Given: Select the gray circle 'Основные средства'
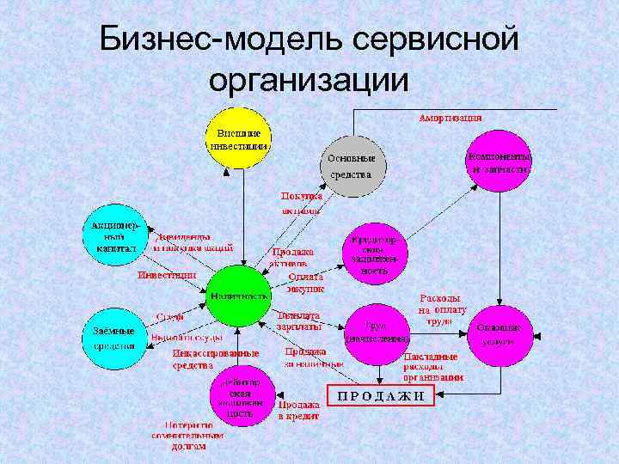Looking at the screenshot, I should click(x=352, y=166).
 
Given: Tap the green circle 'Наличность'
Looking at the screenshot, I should click(x=240, y=295).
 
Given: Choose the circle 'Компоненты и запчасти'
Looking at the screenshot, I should click(x=499, y=163).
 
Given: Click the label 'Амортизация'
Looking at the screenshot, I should click(x=450, y=117).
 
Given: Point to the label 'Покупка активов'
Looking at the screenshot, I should click(x=302, y=203).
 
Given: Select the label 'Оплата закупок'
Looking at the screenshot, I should click(x=306, y=283).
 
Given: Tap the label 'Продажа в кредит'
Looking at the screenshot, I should click(x=298, y=409).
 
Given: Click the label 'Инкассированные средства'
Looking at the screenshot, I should click(x=204, y=359).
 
